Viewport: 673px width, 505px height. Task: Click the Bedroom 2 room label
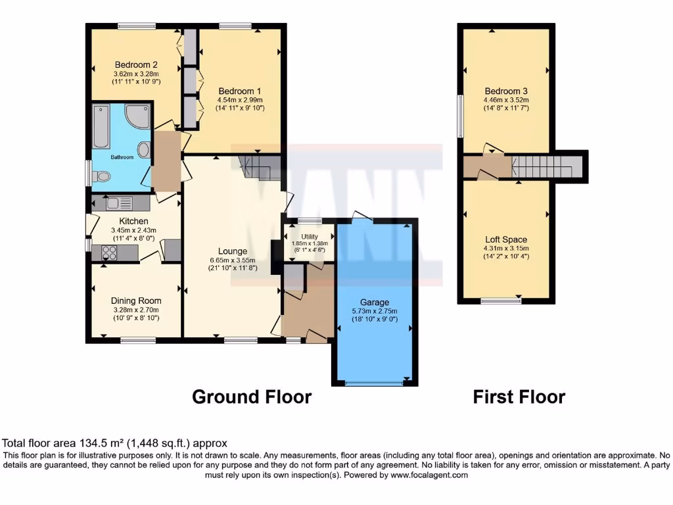click(136, 64)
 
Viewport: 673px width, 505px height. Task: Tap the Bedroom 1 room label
click(240, 91)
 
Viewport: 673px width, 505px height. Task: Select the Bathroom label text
click(122, 157)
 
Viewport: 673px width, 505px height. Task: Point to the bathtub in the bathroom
click(101, 125)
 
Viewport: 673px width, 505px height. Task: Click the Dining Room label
click(136, 301)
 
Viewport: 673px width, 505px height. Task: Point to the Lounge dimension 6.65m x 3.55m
click(233, 260)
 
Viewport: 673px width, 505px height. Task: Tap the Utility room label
click(310, 236)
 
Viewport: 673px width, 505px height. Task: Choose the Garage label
click(375, 302)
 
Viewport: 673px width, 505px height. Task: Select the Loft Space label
click(506, 239)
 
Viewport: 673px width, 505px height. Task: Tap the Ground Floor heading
click(251, 397)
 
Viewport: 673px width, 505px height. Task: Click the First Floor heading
click(519, 397)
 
